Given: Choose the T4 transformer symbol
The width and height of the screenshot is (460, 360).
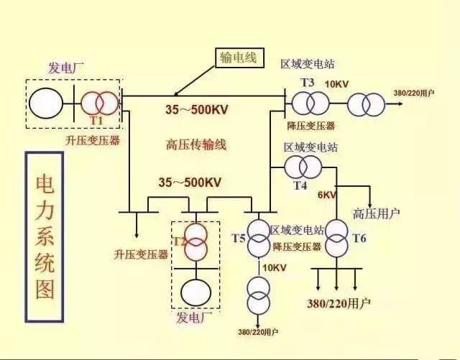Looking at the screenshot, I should (x=302, y=167).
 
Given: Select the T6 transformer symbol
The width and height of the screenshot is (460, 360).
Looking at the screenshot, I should (x=336, y=238).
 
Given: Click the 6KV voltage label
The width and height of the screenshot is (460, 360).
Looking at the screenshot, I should (x=327, y=195).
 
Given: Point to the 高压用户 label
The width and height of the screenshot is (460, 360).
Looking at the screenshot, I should (x=377, y=213).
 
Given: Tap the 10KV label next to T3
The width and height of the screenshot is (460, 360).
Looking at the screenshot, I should (x=336, y=84).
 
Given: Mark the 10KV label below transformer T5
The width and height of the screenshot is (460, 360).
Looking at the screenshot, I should (x=274, y=267).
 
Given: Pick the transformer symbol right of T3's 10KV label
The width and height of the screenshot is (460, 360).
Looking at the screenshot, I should (x=367, y=105).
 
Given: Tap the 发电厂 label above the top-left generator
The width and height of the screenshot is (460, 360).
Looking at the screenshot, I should (x=66, y=68).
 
